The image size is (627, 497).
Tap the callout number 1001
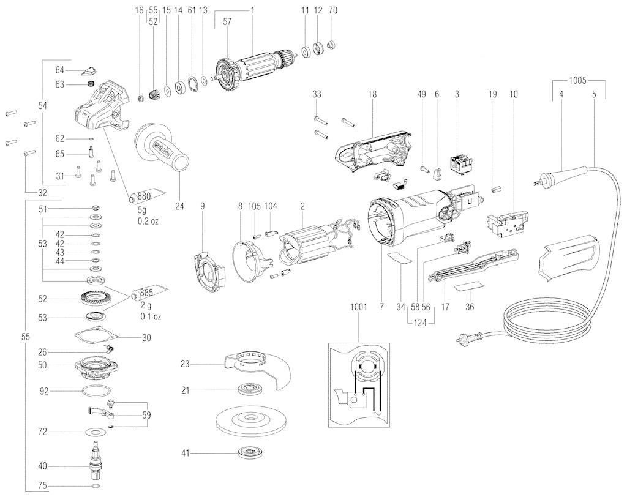coord(358,307)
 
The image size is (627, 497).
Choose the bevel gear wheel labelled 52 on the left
coord(95,299)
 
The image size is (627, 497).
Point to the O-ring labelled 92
coord(96,390)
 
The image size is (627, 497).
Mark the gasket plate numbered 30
coord(96,334)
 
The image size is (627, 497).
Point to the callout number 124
coord(419,322)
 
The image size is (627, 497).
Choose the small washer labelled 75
coord(96,486)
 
